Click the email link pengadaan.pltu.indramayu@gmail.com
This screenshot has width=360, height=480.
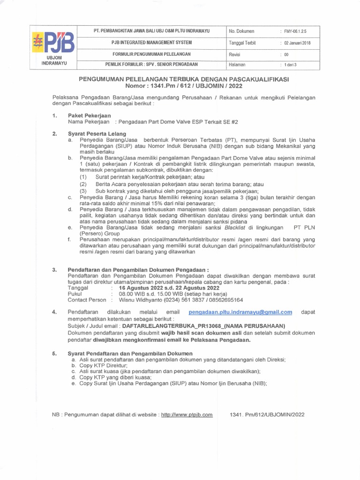pyautogui.click(x=240, y=312)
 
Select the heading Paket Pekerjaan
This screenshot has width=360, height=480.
pyautogui.click(x=90, y=115)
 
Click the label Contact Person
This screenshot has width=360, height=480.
pyautogui.click(x=87, y=300)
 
